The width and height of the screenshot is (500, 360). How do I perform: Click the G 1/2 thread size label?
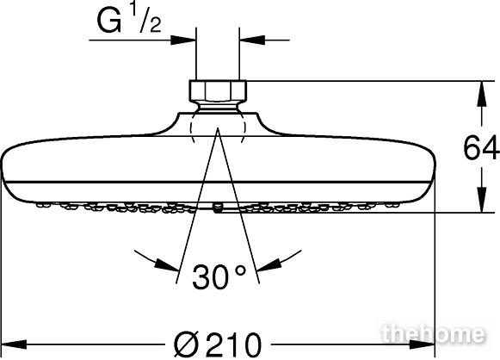coord(129,20)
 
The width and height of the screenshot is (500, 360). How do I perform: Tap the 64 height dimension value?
coord(481,148)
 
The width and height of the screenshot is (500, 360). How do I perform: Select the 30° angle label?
coord(219,276)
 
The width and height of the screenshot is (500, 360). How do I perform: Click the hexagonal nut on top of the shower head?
coord(218,91)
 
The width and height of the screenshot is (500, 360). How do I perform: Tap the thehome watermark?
coord(434,334)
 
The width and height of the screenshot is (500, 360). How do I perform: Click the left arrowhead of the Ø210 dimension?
coord(14,344)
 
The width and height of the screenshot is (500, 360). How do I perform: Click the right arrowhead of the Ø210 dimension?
coord(422,344)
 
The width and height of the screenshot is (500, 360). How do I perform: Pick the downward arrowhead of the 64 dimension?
coord(482,200)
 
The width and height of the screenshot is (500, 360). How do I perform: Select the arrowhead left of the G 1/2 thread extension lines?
coord(183,40)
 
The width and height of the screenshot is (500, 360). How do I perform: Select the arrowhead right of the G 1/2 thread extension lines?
coord(252,40)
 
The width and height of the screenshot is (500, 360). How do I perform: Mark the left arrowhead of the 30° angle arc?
coord(166,264)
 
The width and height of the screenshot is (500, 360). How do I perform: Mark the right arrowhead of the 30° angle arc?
coord(269,264)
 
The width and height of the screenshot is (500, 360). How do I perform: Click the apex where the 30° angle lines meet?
coord(218,127)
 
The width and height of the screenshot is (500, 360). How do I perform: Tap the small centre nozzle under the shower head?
coord(218,208)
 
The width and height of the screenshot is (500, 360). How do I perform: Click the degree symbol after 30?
coord(240,271)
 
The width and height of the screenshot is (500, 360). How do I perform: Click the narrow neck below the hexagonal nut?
coord(218,107)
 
